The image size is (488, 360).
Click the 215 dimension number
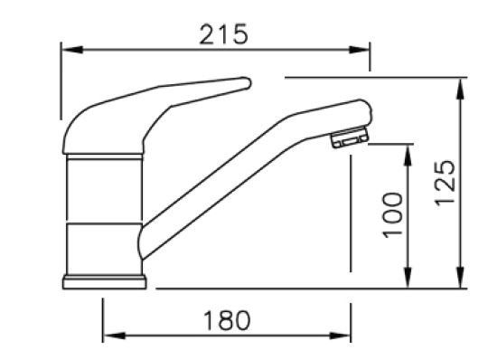pyautogui.click(x=223, y=34)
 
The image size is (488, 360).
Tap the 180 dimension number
pyautogui.click(x=227, y=320)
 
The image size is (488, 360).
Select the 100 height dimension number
pyautogui.click(x=392, y=215)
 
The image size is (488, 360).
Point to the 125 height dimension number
pyautogui.click(x=445, y=183)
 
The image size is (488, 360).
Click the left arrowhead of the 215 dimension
pyautogui.click(x=72, y=50)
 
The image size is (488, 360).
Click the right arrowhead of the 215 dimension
pyautogui.click(x=359, y=50)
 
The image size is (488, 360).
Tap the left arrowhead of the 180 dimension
pyautogui.click(x=114, y=336)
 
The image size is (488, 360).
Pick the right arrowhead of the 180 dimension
pyautogui.click(x=340, y=336)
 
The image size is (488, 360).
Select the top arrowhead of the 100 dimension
pyautogui.click(x=408, y=155)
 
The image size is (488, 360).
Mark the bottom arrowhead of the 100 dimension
pyautogui.click(x=408, y=278)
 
